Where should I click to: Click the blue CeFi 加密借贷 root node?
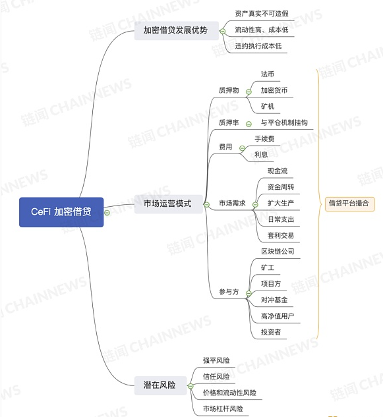point(61,212)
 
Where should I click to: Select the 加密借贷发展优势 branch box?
point(177,30)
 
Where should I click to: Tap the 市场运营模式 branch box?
point(169,204)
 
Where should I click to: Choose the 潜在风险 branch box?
point(160,385)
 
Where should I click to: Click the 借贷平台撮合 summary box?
point(349,204)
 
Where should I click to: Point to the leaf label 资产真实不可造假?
point(262,14)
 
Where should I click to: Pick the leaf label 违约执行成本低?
point(258,46)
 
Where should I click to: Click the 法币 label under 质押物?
point(268,74)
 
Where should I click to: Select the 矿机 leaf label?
point(268,106)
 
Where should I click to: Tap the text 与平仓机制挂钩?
point(284,123)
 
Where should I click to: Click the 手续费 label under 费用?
point(264,138)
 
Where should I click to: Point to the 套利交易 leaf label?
point(281,235)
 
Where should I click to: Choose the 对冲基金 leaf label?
point(274,300)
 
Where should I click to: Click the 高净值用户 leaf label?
point(278,316)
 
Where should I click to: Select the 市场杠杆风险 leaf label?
point(223,408)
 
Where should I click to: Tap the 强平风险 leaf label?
point(216,360)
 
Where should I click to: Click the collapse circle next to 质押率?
point(249,124)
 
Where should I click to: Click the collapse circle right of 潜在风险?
point(191,386)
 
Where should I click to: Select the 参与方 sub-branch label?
point(229,292)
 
